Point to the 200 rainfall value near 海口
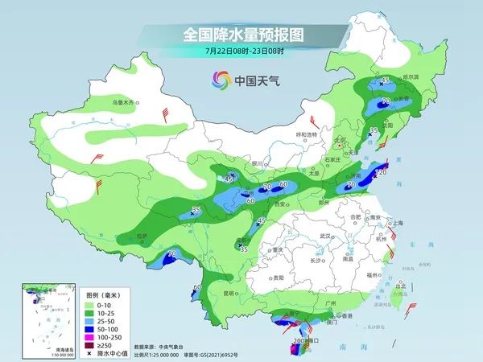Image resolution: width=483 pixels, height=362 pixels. (299, 341)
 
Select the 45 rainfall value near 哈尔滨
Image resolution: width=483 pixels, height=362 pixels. (385, 80)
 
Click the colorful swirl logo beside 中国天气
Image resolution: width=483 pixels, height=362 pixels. (219, 80)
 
